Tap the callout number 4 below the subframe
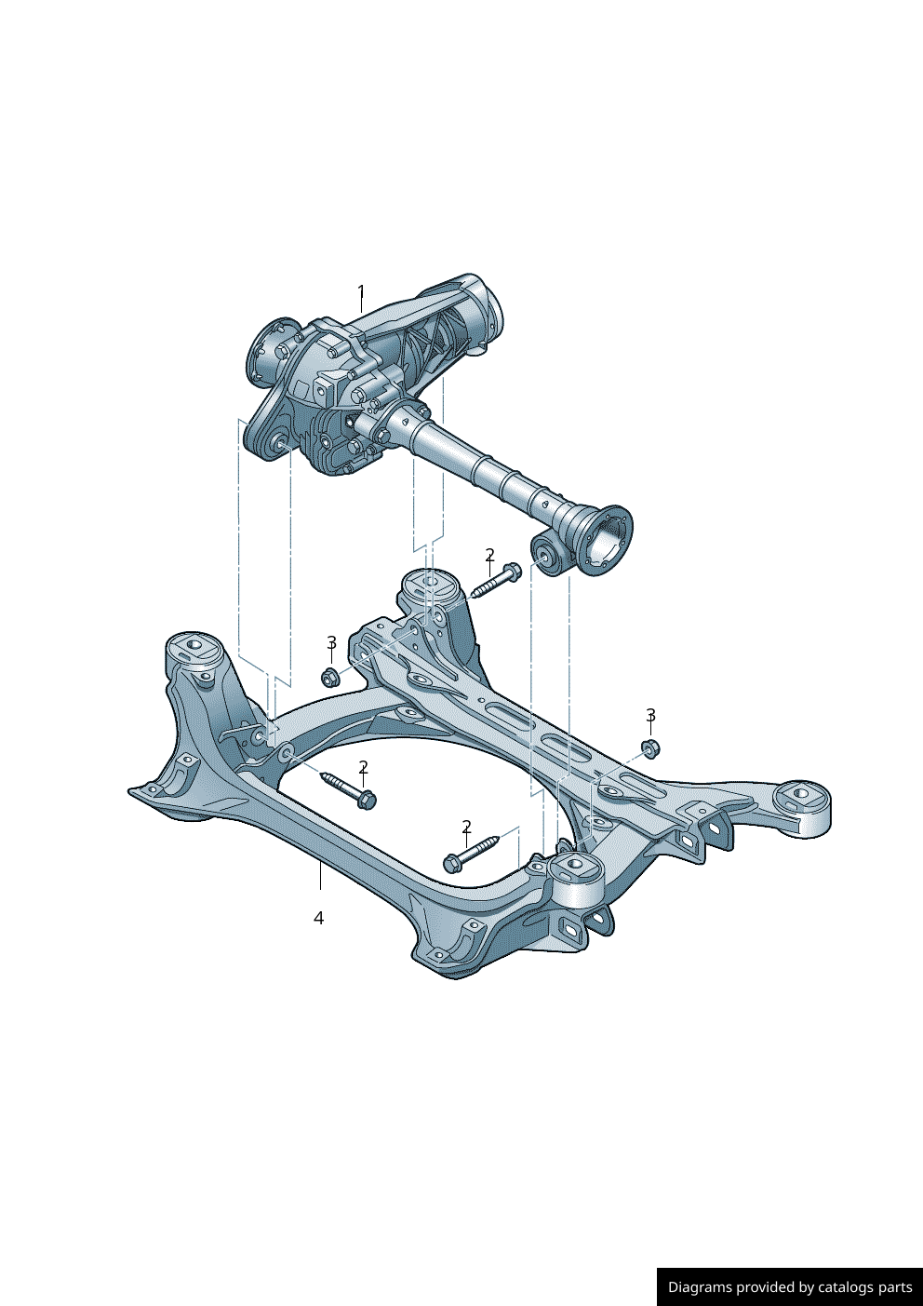318,918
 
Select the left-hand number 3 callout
331,643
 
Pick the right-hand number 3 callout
650,715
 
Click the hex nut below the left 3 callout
329,677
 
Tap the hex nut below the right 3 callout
650,747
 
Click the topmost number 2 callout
489,556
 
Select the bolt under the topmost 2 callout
495,581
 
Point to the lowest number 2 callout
466,827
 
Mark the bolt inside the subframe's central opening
348,789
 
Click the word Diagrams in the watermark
699,1287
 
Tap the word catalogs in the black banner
847,1287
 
